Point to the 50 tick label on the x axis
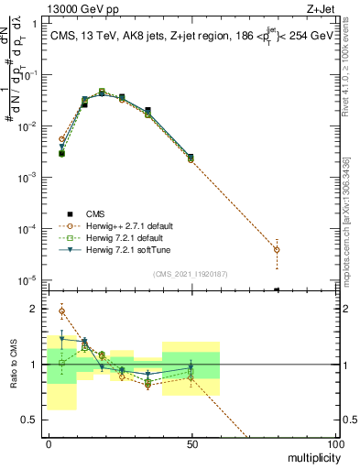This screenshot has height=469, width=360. (191, 443)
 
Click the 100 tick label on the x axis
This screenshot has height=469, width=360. (334, 443)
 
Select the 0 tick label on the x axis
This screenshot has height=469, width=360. (49, 443)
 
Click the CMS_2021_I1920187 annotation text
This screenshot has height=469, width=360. (191, 273)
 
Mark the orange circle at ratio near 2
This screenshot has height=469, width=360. (61, 311)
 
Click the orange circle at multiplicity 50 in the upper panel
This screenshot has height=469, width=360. (191, 159)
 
